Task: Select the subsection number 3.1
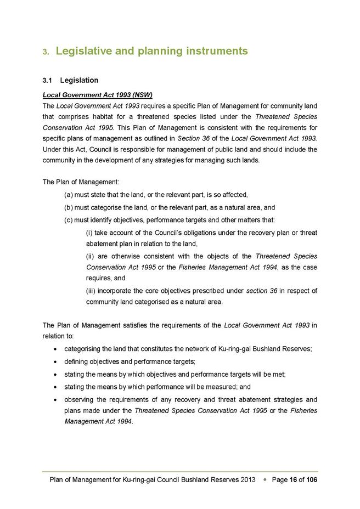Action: pyautogui.click(x=48, y=81)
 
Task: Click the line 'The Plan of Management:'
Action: pyautogui.click(x=81, y=182)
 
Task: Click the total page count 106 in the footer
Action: pyautogui.click(x=311, y=480)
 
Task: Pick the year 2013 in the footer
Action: pyautogui.click(x=248, y=480)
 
